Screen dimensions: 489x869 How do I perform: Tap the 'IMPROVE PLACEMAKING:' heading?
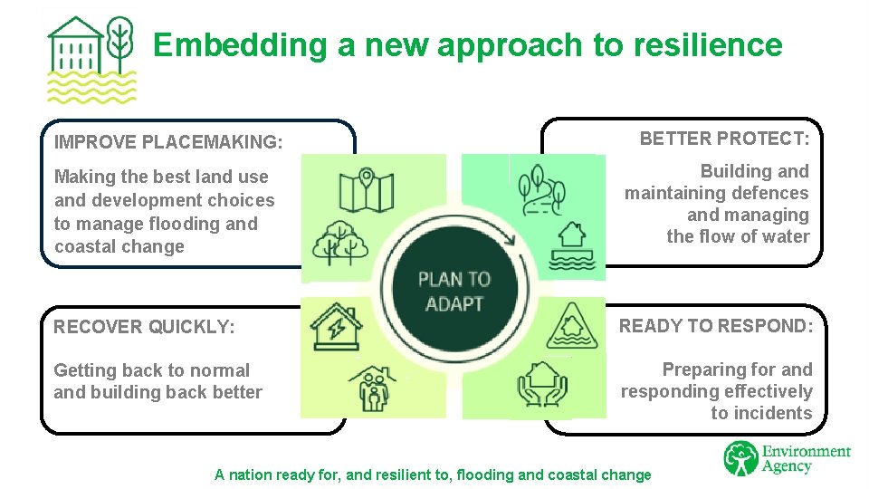(168, 142)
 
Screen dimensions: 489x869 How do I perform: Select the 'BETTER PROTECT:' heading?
(724, 139)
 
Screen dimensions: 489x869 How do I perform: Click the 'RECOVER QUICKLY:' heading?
(144, 327)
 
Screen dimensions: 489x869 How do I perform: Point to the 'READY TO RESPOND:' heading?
(715, 326)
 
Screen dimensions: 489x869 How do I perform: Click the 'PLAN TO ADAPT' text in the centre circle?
(454, 291)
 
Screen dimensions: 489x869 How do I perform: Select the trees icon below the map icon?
(339, 243)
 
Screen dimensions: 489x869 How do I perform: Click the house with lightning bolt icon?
(337, 326)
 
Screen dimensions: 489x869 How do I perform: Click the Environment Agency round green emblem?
(740, 458)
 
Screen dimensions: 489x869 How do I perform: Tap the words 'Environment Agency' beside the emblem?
(806, 458)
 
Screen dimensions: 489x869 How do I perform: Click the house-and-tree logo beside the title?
(91, 59)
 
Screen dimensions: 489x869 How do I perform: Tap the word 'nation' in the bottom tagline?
(250, 475)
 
